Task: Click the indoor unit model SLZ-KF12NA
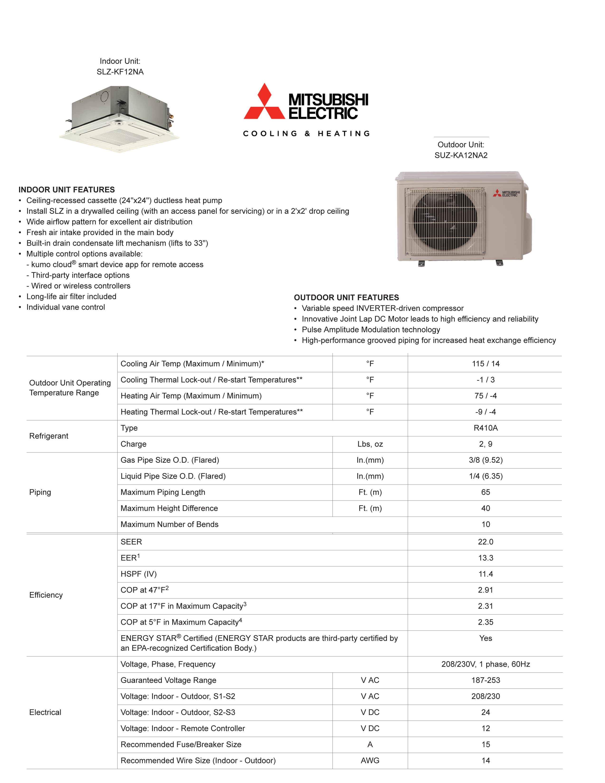(120, 72)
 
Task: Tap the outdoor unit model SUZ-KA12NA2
(461, 155)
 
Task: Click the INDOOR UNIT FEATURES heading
(67, 190)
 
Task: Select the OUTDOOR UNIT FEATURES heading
(346, 298)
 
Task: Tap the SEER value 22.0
(485, 542)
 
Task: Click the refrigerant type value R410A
(485, 428)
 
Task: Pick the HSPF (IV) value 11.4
(485, 574)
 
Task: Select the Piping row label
(40, 492)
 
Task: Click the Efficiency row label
(46, 595)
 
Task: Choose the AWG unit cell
(370, 760)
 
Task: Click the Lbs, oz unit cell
(370, 444)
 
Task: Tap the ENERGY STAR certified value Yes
(485, 638)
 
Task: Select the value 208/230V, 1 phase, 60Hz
(485, 664)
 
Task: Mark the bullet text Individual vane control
(65, 307)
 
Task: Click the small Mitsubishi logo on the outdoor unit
(506, 194)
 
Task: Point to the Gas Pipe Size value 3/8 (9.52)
(485, 460)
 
